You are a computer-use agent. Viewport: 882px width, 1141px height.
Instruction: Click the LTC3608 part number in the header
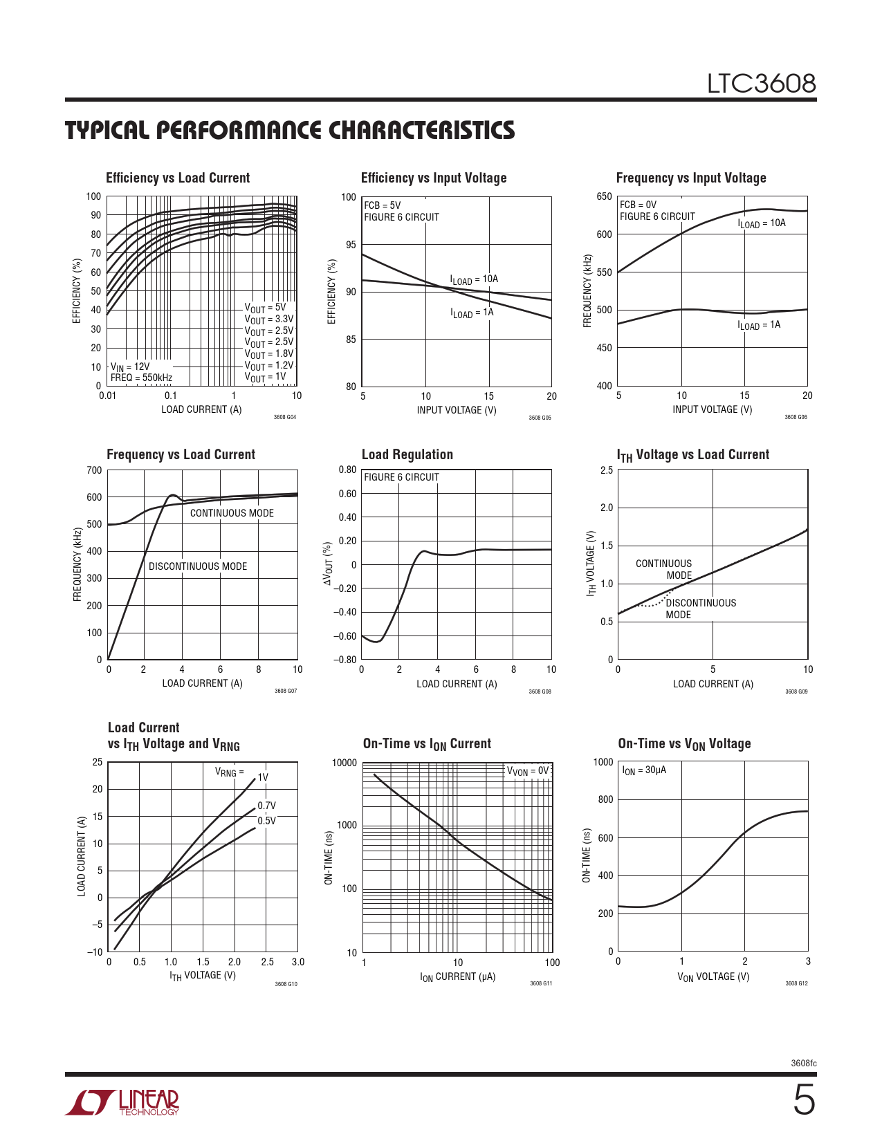tap(761, 84)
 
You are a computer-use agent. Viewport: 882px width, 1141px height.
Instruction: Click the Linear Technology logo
tap(122, 1102)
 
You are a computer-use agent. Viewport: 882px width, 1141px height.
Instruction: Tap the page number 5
tap(803, 1101)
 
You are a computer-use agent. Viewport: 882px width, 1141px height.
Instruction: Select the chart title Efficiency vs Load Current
tap(178, 178)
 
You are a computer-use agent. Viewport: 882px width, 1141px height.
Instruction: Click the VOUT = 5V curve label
tap(265, 308)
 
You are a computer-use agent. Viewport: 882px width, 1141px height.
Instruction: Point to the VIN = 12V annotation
tap(130, 367)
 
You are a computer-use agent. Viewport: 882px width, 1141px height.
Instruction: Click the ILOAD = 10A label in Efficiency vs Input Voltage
tap(474, 279)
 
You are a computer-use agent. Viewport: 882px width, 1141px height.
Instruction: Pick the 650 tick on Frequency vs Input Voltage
tap(604, 196)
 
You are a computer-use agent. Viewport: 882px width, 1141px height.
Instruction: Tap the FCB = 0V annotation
tap(638, 205)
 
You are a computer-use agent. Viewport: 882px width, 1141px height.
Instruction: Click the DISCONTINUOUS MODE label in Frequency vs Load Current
tap(198, 566)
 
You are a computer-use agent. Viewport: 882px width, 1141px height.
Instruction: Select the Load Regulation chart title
tap(407, 454)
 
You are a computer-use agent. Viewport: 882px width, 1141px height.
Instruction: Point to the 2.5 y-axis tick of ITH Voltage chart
tap(606, 470)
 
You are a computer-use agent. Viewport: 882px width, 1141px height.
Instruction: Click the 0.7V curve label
tap(266, 806)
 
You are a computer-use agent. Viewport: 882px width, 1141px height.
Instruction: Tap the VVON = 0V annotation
tap(528, 771)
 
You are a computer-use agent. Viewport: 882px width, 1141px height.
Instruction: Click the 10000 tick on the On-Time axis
tap(344, 763)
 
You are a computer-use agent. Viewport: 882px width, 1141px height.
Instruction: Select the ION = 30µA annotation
tap(644, 770)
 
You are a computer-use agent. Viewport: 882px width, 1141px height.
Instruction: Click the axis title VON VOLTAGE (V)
tap(713, 976)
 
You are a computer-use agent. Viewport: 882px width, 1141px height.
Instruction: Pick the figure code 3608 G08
tap(540, 692)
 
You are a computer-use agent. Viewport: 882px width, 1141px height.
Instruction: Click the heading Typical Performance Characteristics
tap(290, 131)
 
